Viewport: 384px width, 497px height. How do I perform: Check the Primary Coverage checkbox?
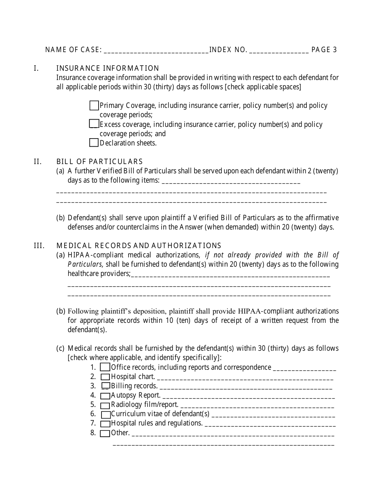[x=94, y=105]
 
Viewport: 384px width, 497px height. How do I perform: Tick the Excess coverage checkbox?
[x=94, y=124]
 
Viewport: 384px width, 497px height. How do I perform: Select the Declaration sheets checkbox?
[x=94, y=142]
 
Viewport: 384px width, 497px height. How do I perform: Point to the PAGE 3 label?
[x=324, y=50]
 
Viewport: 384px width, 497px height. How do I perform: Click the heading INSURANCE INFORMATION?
[x=108, y=68]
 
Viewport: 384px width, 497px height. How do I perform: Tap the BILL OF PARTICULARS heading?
[x=99, y=162]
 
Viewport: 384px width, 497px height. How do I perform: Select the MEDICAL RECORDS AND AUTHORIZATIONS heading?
[x=139, y=245]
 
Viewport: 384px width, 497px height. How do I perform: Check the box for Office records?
[x=105, y=367]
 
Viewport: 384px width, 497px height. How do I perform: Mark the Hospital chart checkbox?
[x=105, y=377]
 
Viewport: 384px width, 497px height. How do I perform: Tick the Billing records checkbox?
[x=105, y=386]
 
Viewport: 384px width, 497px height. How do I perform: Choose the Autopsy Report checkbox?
[x=105, y=396]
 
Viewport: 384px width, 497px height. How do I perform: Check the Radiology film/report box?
[x=105, y=405]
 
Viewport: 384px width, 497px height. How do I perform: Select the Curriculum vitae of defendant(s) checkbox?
[x=105, y=415]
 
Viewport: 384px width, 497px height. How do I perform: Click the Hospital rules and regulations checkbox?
[x=105, y=424]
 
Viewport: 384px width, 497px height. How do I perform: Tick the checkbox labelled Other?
[x=105, y=434]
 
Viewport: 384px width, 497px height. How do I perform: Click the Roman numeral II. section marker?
[x=38, y=162]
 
